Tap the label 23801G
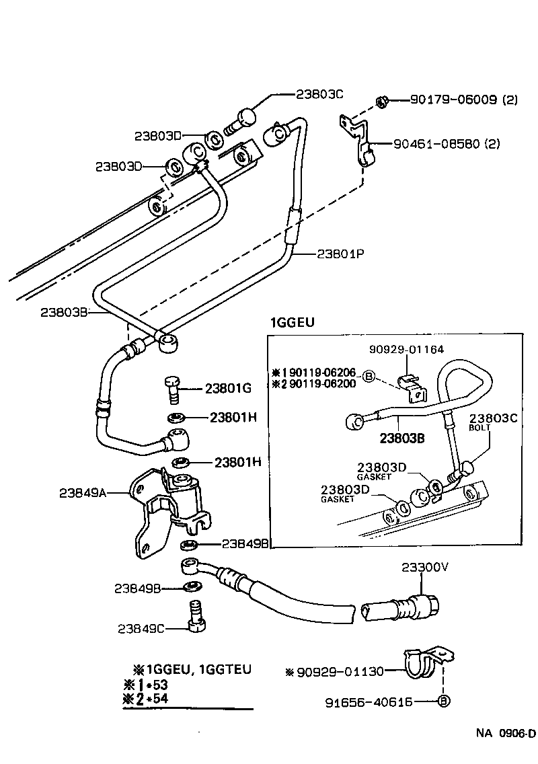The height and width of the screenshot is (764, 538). click(228, 388)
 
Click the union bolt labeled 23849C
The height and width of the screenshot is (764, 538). click(195, 617)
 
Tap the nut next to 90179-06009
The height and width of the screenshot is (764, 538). click(380, 102)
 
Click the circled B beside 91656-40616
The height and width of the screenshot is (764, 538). click(443, 702)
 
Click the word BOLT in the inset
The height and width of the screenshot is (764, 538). click(479, 427)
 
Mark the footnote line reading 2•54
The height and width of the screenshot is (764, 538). click(153, 699)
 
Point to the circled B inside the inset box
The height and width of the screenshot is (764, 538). click(369, 377)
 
